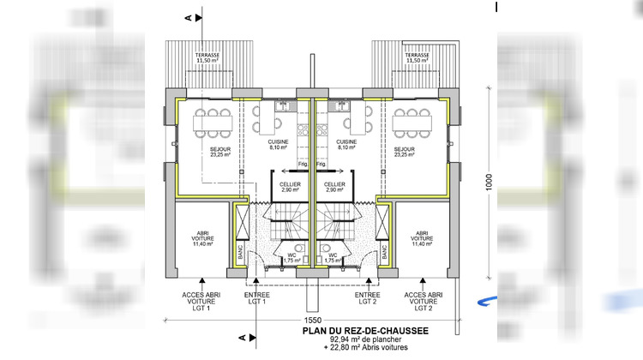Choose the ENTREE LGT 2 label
point(367,297)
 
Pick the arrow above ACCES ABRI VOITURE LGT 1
point(202,281)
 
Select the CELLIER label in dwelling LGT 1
point(289,186)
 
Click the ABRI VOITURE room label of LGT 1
point(203,237)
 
